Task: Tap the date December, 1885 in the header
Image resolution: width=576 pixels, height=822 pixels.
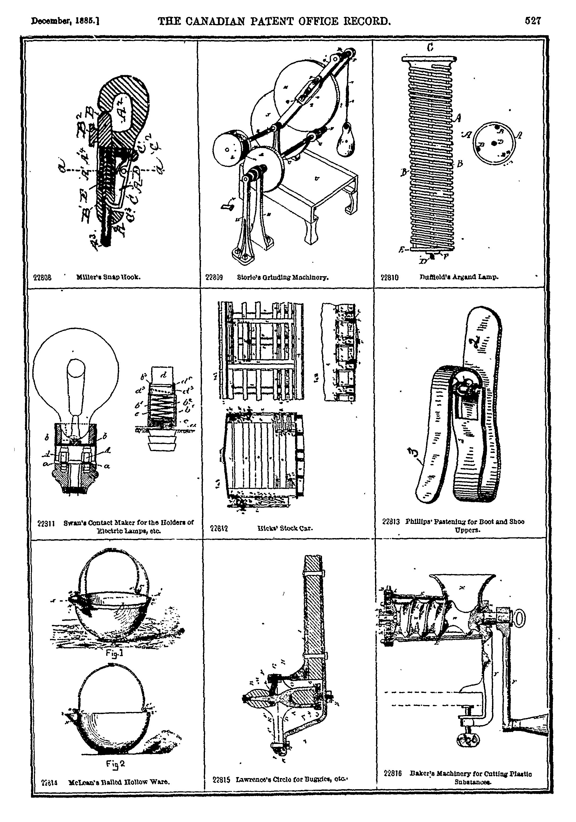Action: click(65, 21)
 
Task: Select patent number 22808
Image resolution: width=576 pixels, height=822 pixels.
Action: click(42, 278)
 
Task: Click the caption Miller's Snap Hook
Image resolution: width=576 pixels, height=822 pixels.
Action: click(108, 277)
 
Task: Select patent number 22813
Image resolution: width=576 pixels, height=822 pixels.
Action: click(391, 522)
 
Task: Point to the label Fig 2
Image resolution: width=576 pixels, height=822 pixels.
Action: click(115, 764)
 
